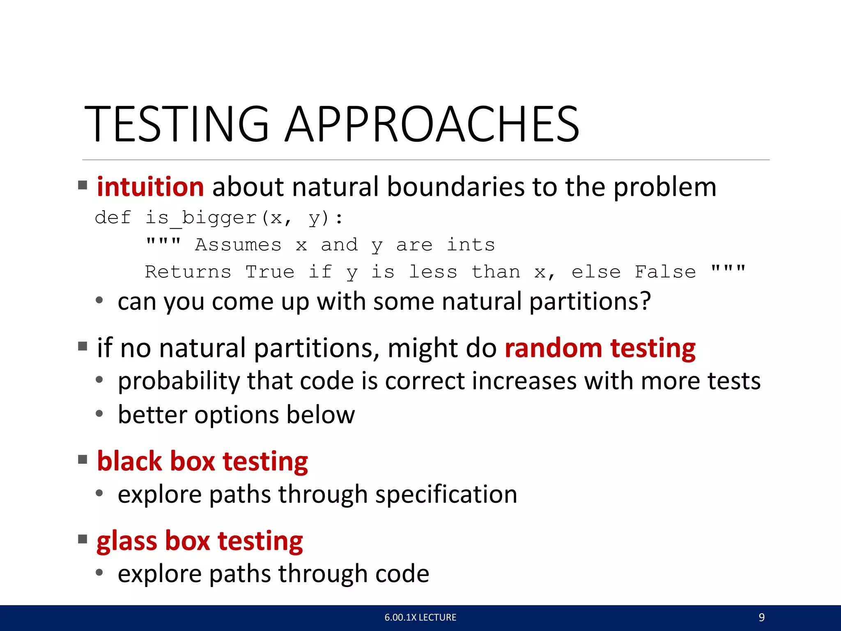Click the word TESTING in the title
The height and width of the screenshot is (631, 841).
pyautogui.click(x=177, y=124)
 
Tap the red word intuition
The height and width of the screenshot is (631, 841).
pyautogui.click(x=150, y=187)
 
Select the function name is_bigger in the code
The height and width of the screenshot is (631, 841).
pyautogui.click(x=201, y=218)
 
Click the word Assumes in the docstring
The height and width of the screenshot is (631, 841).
pyautogui.click(x=238, y=245)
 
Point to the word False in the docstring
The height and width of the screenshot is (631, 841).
pyautogui.click(x=665, y=272)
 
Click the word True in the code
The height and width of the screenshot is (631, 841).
pyautogui.click(x=270, y=272)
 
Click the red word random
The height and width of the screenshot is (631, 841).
pyautogui.click(x=553, y=348)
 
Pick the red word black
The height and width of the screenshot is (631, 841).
pyautogui.click(x=129, y=461)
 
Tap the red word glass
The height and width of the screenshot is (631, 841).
pyautogui.click(x=127, y=541)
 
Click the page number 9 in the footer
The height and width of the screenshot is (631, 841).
pyautogui.click(x=761, y=617)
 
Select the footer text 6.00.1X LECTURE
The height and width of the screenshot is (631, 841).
pyautogui.click(x=420, y=617)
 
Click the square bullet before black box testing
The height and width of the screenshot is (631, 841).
pyautogui.click(x=83, y=459)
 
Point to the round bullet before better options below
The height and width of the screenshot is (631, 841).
pyautogui.click(x=99, y=413)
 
